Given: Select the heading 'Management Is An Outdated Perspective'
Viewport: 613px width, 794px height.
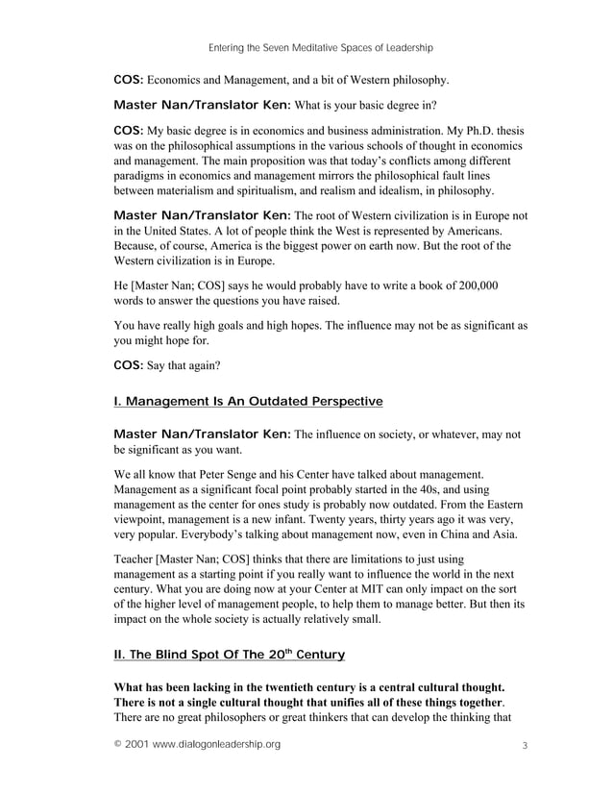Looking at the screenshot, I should pos(255,400).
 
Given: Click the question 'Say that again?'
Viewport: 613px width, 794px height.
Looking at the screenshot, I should pos(184,365).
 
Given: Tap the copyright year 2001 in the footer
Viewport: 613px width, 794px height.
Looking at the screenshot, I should pos(137,745).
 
